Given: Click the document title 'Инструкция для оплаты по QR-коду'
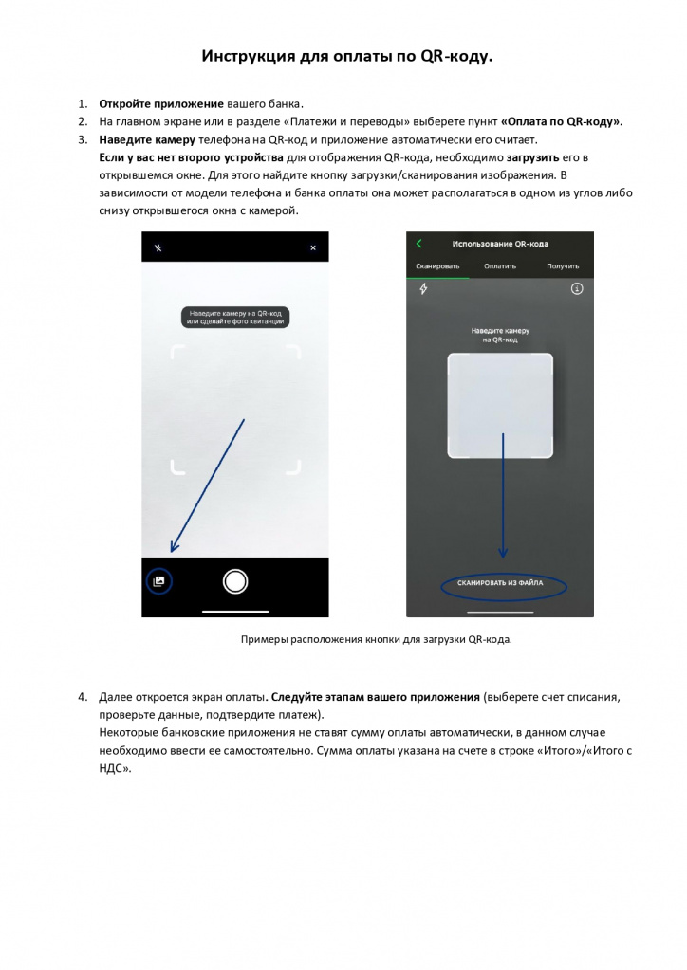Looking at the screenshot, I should pyautogui.click(x=347, y=57).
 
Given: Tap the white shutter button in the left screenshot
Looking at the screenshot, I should pyautogui.click(x=235, y=581).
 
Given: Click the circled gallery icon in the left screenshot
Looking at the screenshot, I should pyautogui.click(x=159, y=580).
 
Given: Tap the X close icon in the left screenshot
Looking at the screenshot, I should pyautogui.click(x=313, y=247).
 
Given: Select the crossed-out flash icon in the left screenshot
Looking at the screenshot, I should pyautogui.click(x=158, y=247).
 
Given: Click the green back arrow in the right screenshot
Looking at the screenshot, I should pyautogui.click(x=419, y=244).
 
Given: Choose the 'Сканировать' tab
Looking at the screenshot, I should pyautogui.click(x=437, y=266).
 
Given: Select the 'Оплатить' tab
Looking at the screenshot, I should pyautogui.click(x=500, y=266).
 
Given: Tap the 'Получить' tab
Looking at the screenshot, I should pyautogui.click(x=563, y=266).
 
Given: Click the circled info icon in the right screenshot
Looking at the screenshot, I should pyautogui.click(x=576, y=289).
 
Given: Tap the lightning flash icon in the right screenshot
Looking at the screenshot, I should pyautogui.click(x=423, y=289).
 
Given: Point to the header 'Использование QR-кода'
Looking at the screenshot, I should pyautogui.click(x=500, y=244).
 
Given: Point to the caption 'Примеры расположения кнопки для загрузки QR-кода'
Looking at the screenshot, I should pyautogui.click(x=377, y=640).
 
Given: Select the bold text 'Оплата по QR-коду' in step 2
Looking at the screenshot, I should pyautogui.click(x=562, y=121).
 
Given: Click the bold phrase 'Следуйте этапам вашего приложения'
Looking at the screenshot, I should pyautogui.click(x=376, y=697).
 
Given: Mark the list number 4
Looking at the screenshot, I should pyautogui.click(x=82, y=697).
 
